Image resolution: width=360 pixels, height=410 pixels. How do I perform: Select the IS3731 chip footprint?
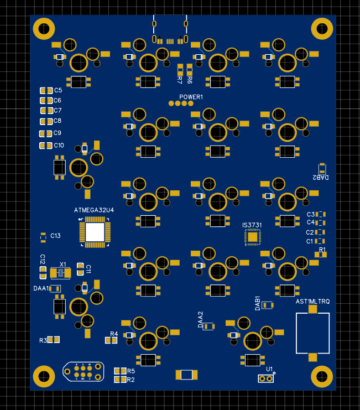pyautogui.click(x=253, y=237)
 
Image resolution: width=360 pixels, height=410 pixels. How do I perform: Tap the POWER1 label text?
pyautogui.click(x=191, y=97)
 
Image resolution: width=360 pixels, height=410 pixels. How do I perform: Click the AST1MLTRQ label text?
pyautogui.click(x=312, y=302)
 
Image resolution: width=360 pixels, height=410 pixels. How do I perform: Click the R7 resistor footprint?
pyautogui.click(x=180, y=69)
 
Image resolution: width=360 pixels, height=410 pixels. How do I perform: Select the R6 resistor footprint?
pyautogui.click(x=190, y=69)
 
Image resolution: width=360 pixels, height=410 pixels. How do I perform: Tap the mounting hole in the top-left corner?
pyautogui.click(x=44, y=29)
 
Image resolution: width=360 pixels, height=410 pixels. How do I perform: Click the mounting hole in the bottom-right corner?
pyautogui.click(x=321, y=377)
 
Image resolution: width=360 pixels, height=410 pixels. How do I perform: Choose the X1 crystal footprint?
pyautogui.click(x=61, y=273)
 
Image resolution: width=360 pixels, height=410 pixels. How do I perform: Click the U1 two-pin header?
pyautogui.click(x=266, y=378)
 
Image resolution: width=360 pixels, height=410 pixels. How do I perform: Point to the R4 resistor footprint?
pyautogui.click(x=112, y=340)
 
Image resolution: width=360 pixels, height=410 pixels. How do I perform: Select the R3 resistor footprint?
pyautogui.click(x=54, y=340)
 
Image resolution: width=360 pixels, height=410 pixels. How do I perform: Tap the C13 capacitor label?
pyautogui.click(x=55, y=236)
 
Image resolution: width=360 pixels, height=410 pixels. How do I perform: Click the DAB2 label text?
pyautogui.click(x=320, y=178)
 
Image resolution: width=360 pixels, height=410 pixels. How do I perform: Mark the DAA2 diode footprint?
pyautogui.click(x=208, y=326)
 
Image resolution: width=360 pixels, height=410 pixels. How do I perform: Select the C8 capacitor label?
pyautogui.click(x=58, y=121)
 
